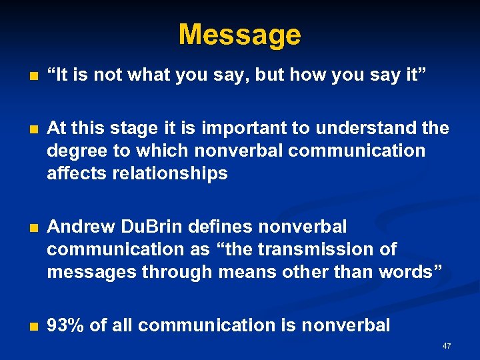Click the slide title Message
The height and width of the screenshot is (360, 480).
[x=239, y=34]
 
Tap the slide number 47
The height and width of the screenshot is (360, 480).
[x=447, y=346]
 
